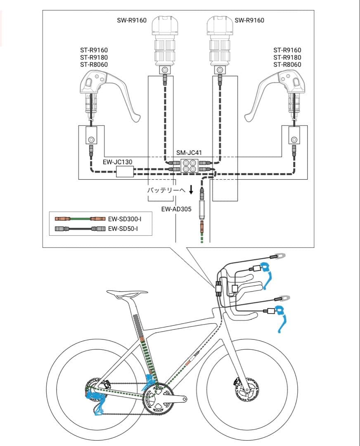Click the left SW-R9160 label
pyautogui.click(x=132, y=20)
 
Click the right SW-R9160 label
pyautogui.click(x=249, y=20)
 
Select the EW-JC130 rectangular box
pyautogui.click(x=125, y=172)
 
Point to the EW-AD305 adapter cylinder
pyautogui.click(x=202, y=210)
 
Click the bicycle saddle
pyautogui.click(x=127, y=294)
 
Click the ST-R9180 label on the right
pyautogui.click(x=287, y=57)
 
